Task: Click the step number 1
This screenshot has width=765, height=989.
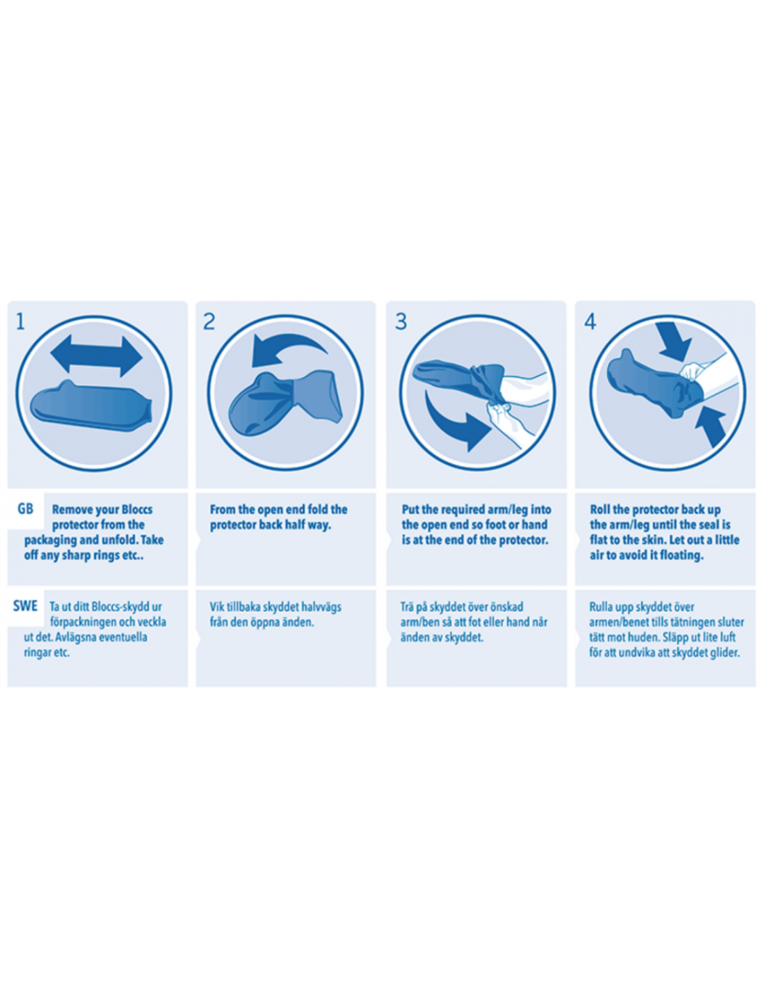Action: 20,322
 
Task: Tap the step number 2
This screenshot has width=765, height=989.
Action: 209,322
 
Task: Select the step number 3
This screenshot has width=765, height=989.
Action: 401,322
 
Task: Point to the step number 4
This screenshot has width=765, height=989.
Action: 590,322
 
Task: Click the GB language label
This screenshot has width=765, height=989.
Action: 26,508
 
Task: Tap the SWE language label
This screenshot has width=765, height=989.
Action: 26,606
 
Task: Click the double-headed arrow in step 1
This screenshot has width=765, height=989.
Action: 97,355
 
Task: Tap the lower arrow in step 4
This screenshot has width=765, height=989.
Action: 710,426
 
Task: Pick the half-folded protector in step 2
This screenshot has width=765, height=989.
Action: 285,403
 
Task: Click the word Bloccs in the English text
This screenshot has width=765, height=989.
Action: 138,509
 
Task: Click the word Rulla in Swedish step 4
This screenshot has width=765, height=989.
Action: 600,606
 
